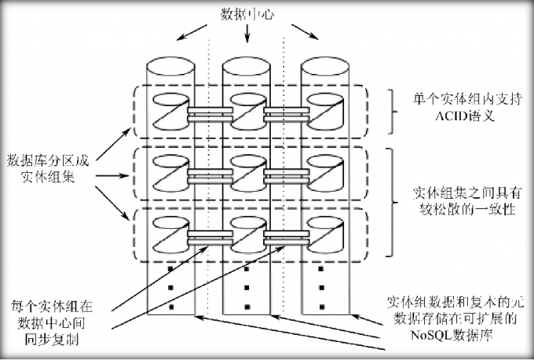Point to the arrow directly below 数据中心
point(248,34)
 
